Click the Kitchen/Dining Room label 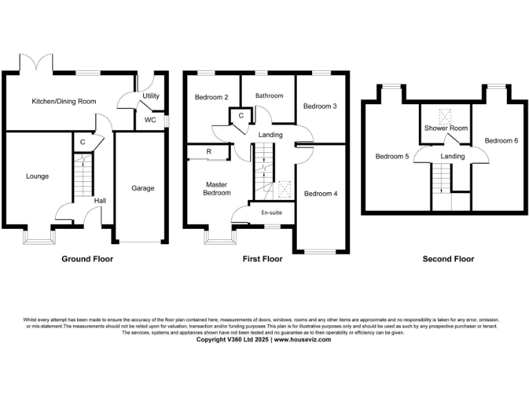coord(64,101)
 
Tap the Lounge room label coord(37,176)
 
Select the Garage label coord(143,188)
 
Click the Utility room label coord(151,96)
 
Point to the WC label coord(150,119)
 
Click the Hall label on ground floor coord(101,201)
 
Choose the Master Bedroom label coord(216,189)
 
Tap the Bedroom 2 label coord(211,97)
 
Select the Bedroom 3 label coord(320,106)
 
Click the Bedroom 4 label coord(320,194)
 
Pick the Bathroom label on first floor coord(269,96)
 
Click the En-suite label coord(271,213)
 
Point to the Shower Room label coord(446,128)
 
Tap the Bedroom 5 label coord(392,156)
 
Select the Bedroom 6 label coord(501,141)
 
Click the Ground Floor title coord(87,259)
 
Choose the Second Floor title coord(448,259)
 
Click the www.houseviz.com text coord(303,339)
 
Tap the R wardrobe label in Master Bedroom coord(209,152)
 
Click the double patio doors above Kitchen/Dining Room coord(37,63)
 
